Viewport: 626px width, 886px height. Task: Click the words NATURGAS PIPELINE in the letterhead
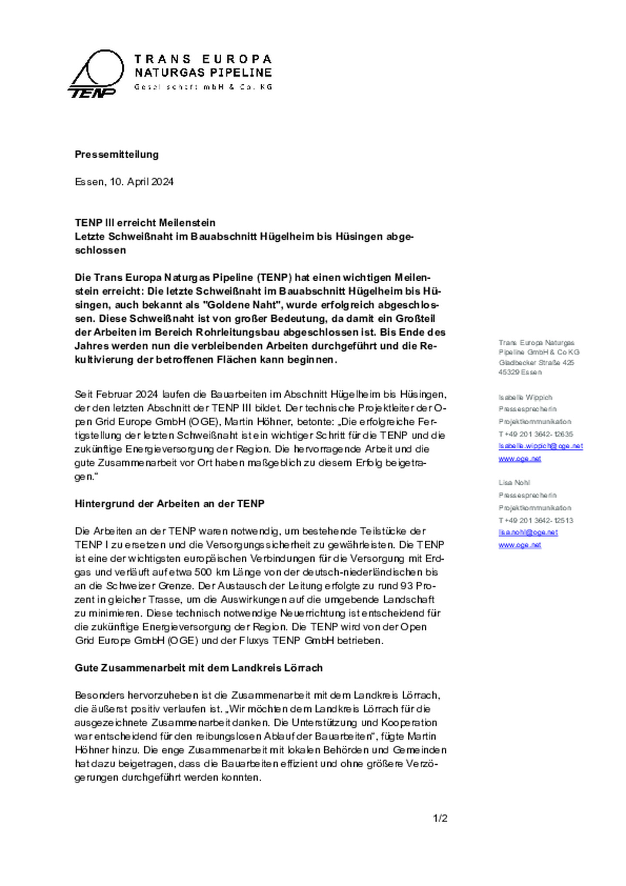(x=203, y=73)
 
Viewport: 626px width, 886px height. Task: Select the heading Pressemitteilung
(x=117, y=154)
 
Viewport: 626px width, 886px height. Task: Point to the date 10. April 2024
(x=142, y=182)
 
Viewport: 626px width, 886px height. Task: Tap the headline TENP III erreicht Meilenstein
(x=145, y=223)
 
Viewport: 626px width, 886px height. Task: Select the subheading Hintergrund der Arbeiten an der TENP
(x=170, y=504)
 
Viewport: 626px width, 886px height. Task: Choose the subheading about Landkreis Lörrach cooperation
(x=198, y=668)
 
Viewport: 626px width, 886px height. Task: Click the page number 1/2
(x=440, y=819)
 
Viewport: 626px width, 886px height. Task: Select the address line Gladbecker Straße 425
(x=536, y=363)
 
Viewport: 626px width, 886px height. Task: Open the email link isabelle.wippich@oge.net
(x=540, y=446)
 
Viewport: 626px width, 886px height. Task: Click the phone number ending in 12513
(x=536, y=520)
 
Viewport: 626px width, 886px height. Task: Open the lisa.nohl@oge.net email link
(x=528, y=533)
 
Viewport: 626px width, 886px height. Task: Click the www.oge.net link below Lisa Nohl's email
(x=519, y=545)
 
